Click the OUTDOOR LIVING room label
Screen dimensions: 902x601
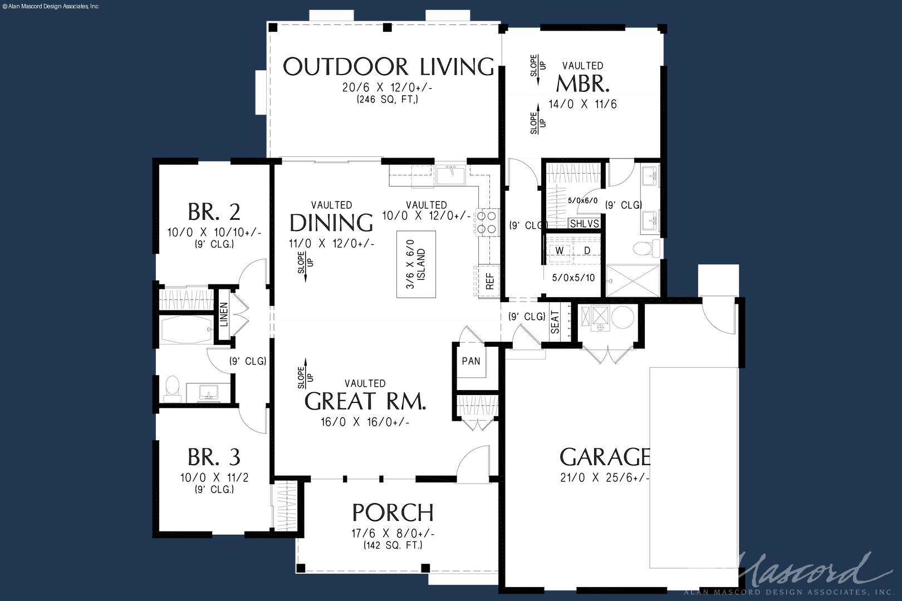[x=389, y=67]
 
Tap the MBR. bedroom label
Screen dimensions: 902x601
[x=582, y=83]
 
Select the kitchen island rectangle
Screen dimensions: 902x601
[x=416, y=264]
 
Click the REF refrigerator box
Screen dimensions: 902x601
[x=489, y=281]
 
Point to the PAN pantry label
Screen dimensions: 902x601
[x=470, y=361]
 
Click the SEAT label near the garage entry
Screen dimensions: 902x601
[x=555, y=322]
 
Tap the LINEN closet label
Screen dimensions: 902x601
[x=224, y=314]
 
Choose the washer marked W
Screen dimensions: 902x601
[x=560, y=251]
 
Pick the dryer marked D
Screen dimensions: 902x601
[x=587, y=251]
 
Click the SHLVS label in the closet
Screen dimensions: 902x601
[x=584, y=223]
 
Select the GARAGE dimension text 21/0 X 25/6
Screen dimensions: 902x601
[x=605, y=477]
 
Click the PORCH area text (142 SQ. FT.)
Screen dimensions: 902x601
[x=393, y=545]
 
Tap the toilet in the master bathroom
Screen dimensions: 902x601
[x=646, y=248]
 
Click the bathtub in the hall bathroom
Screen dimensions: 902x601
[x=187, y=329]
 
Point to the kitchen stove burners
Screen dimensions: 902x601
[x=487, y=223]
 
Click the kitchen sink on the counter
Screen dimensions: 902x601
[x=450, y=175]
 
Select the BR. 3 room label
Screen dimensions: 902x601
[x=214, y=457]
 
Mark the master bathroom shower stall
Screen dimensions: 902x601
[x=633, y=280]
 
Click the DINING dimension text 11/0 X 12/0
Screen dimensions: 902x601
[x=331, y=244]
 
